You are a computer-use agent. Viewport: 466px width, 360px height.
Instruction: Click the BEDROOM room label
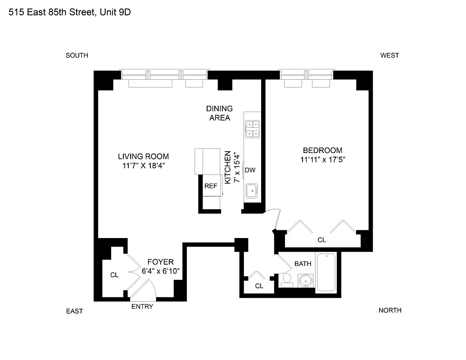tap(322, 150)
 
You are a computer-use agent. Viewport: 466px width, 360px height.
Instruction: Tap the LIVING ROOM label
tap(143, 157)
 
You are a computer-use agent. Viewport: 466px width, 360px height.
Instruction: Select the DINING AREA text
tap(220, 113)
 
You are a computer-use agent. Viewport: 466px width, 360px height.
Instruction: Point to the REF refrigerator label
tap(211, 186)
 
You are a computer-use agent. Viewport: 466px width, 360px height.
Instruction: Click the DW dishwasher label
tap(250, 170)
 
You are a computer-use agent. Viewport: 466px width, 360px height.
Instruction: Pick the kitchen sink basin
tap(252, 191)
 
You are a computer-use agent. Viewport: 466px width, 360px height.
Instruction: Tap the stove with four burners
tap(252, 129)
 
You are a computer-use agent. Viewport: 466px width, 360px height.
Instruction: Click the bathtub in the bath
tap(326, 272)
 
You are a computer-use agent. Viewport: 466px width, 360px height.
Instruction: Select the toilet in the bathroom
tap(287, 281)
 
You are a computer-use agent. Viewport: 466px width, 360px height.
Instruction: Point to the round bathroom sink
tap(306, 281)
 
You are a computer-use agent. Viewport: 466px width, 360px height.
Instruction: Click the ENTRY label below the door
tap(142, 306)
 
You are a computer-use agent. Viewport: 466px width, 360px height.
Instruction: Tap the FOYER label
tap(160, 262)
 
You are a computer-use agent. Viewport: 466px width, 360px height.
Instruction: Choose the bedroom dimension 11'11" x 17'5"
tap(323, 159)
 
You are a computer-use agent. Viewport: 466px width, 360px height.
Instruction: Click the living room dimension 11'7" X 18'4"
tap(144, 166)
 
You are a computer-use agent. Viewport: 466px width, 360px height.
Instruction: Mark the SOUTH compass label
tap(77, 55)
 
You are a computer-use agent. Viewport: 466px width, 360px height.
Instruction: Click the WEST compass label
tap(389, 55)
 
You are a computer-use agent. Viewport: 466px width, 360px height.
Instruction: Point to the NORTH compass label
tap(390, 310)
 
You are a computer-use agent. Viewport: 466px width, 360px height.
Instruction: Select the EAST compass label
tap(75, 311)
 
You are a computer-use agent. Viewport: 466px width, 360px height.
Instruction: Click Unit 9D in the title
tap(115, 12)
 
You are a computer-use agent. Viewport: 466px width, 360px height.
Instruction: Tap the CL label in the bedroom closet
tap(322, 240)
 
